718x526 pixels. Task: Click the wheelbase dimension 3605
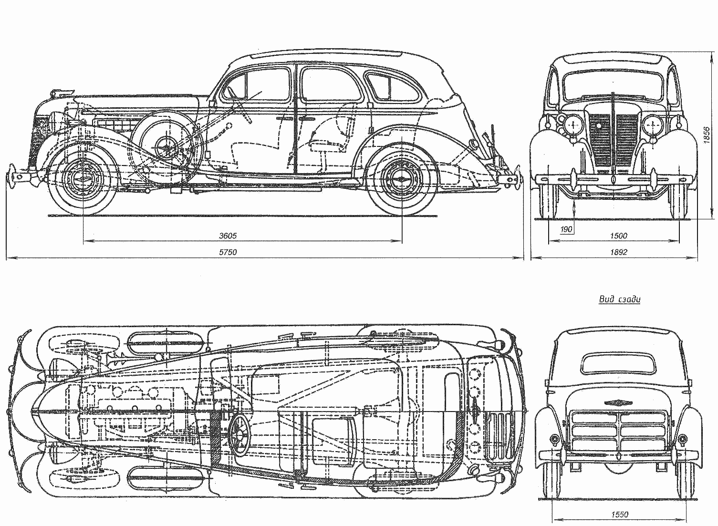point(228,236)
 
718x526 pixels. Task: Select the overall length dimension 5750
point(228,252)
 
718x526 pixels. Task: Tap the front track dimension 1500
point(618,236)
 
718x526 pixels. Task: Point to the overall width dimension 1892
point(618,252)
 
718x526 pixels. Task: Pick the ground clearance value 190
point(566,229)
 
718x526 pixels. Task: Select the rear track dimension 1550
point(620,515)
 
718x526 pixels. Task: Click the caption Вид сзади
point(619,299)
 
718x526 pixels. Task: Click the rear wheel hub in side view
point(402,179)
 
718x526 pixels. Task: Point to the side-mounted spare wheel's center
point(167,147)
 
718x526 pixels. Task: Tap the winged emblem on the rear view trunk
point(620,403)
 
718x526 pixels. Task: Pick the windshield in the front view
point(613,85)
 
